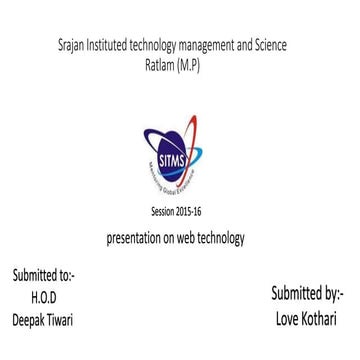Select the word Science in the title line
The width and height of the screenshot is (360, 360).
point(269,46)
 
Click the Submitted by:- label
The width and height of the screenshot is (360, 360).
point(306,294)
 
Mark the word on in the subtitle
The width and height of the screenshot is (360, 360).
point(176,240)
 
